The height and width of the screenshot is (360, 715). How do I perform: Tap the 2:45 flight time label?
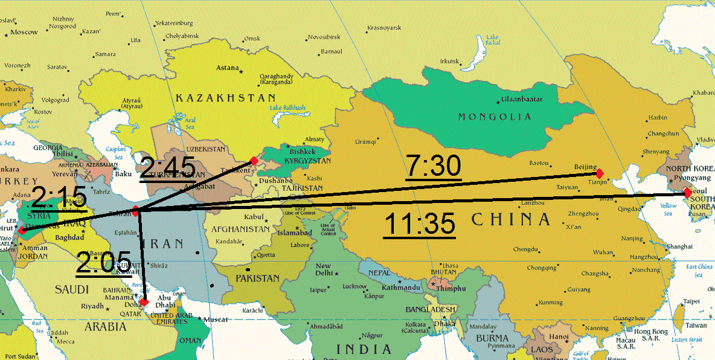tap(168, 167)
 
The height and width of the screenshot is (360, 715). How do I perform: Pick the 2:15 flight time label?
tap(59, 198)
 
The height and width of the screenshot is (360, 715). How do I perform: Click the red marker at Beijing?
tap(600, 173)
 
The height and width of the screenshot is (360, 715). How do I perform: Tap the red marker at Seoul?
tap(687, 193)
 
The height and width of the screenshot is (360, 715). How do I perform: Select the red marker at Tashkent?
tap(254, 161)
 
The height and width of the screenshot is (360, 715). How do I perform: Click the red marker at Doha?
tap(144, 302)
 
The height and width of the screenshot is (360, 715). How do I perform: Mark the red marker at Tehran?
tap(136, 211)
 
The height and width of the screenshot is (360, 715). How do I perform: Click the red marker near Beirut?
tap(21, 230)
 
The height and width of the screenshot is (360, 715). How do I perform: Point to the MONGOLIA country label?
tap(495, 117)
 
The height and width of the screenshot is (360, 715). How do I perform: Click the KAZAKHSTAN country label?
tap(226, 97)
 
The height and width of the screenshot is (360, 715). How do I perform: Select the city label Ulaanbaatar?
tap(522, 99)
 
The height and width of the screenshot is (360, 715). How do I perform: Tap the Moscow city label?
tap(24, 32)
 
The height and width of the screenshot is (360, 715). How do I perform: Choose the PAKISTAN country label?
tap(258, 278)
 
